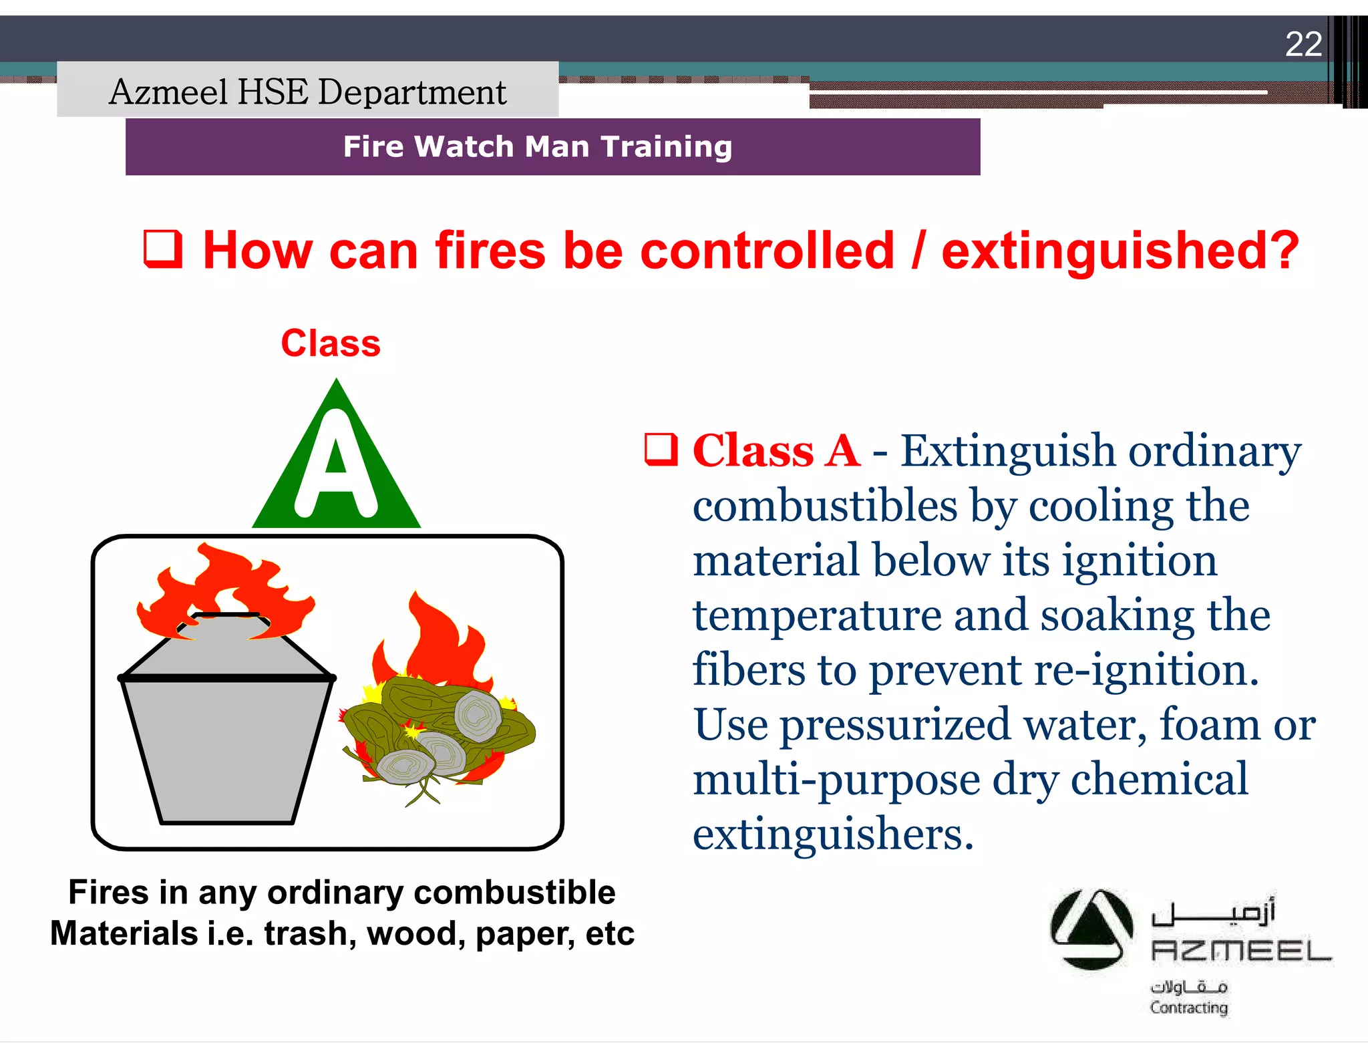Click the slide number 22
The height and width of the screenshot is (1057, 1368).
pyautogui.click(x=1303, y=45)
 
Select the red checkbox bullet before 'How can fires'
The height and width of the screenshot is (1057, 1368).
pyautogui.click(x=163, y=249)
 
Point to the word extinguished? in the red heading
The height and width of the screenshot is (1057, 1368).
pyautogui.click(x=1120, y=251)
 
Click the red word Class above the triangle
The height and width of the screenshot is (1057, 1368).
pyautogui.click(x=331, y=343)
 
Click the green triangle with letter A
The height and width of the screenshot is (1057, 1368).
pyautogui.click(x=336, y=468)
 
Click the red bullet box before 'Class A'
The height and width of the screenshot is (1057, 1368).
pyautogui.click(x=661, y=449)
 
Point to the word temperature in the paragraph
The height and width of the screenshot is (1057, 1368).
pyautogui.click(x=817, y=615)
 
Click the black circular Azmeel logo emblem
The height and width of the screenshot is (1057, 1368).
pyautogui.click(x=1091, y=929)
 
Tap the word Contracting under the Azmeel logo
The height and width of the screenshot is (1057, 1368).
pyautogui.click(x=1188, y=1008)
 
